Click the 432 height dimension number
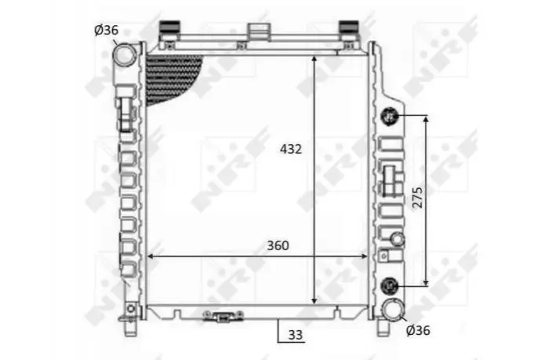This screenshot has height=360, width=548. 290,149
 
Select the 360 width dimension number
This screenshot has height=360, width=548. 278,245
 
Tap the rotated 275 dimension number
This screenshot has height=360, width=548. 418,198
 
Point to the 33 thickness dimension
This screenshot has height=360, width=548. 296,335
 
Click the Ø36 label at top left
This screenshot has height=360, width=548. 107,31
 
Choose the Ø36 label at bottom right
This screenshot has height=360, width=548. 418,330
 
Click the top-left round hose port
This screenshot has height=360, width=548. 125,55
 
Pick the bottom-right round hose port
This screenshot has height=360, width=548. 394,310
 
